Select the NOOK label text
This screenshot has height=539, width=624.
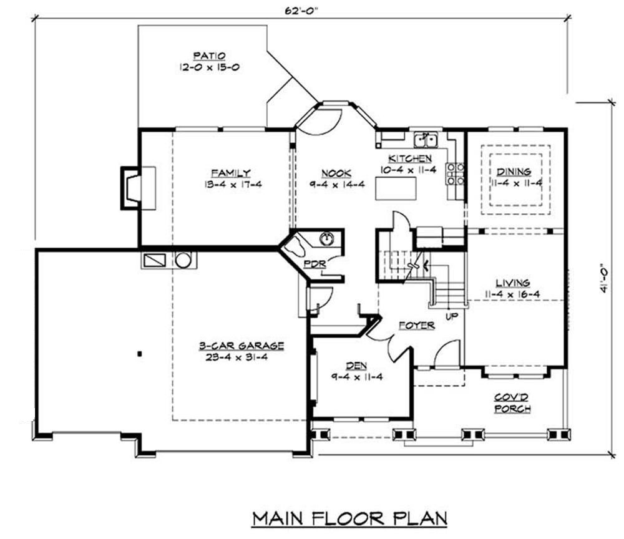click(336, 173)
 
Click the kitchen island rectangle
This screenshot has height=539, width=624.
click(395, 188)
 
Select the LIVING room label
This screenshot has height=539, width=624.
click(513, 283)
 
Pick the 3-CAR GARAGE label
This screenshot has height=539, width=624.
click(241, 346)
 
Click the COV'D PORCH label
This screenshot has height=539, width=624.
click(512, 402)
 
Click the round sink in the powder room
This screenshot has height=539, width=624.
click(326, 238)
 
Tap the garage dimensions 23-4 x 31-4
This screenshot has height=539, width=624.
click(241, 357)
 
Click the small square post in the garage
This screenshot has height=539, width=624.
click(140, 354)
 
